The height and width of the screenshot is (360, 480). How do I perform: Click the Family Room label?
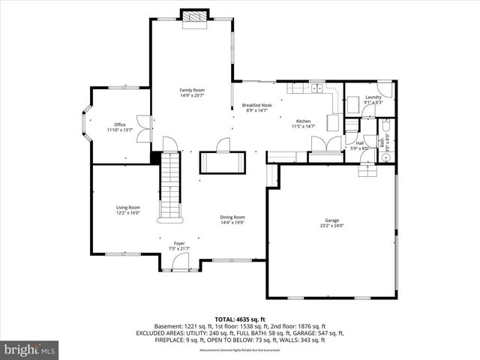[192, 90]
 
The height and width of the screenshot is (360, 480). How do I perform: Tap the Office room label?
[119, 124]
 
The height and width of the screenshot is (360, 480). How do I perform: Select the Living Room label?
[127, 208]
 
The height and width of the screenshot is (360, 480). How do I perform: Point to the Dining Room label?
[232, 217]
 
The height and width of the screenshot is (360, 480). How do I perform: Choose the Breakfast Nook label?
[256, 105]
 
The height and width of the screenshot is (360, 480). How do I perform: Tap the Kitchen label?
[303, 121]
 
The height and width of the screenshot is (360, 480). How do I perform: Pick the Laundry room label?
[373, 97]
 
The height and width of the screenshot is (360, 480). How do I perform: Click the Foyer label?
[179, 243]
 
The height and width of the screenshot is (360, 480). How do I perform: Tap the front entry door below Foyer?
[180, 262]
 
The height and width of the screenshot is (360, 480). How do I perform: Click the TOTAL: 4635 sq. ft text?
[239, 319]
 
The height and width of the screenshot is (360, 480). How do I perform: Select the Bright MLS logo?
[30, 349]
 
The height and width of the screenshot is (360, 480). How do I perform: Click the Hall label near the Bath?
[360, 142]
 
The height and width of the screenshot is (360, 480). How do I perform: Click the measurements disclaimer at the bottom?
[239, 350]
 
